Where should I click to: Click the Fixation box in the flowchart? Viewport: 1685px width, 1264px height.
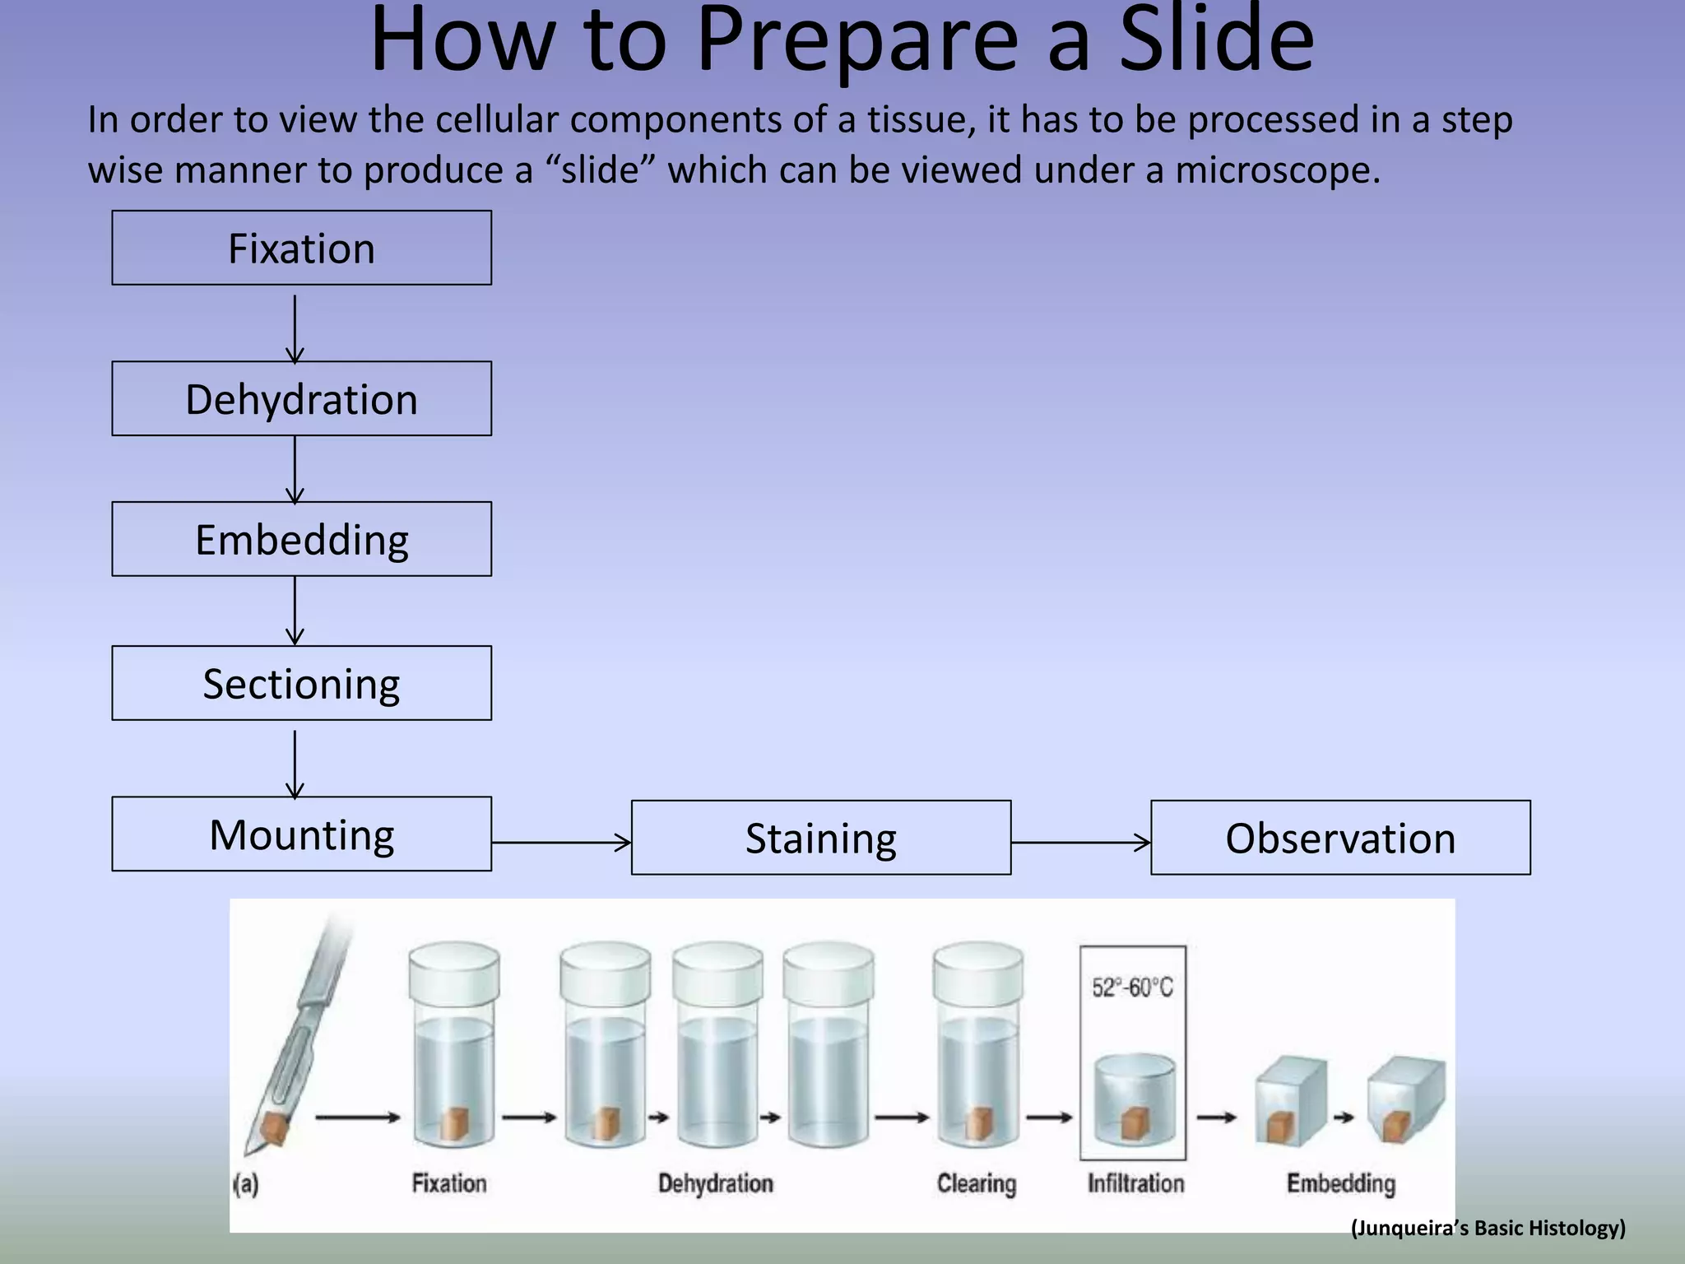tap(301, 248)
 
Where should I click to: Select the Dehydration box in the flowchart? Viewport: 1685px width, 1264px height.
tap(301, 398)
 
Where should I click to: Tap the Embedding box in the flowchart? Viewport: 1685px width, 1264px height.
tap(301, 539)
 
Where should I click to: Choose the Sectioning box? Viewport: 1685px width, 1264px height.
tap(301, 683)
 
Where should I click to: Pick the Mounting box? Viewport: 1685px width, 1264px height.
tap(301, 834)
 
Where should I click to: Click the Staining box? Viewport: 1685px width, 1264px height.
tap(820, 838)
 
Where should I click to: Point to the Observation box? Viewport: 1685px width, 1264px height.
tap(1340, 838)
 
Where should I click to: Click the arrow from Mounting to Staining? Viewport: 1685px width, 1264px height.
tap(561, 842)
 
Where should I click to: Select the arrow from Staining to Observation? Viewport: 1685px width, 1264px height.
tap(1080, 842)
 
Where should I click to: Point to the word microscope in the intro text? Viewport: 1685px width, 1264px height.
tap(1271, 170)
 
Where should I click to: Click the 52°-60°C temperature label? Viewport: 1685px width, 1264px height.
tap(1132, 987)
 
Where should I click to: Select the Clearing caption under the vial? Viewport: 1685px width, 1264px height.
tap(977, 1183)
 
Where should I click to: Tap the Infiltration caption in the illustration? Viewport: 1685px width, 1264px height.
tap(1135, 1183)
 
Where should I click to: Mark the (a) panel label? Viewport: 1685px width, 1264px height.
tap(246, 1185)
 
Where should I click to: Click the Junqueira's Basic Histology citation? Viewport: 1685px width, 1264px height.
tap(1488, 1228)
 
